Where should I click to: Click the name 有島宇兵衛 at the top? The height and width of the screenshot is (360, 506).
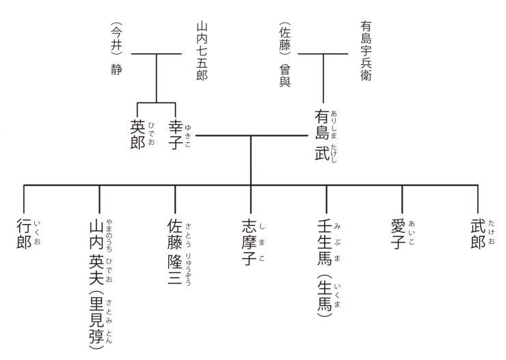point(366,51)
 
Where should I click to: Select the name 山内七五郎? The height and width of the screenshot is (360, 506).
point(202,51)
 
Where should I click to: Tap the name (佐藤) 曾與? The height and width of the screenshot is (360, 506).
point(285,55)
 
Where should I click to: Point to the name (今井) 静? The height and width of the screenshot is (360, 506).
point(116,49)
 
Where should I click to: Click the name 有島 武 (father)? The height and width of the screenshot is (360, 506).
point(322,135)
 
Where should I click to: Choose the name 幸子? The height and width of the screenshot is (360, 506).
point(176,135)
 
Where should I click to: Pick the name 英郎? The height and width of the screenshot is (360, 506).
point(137,135)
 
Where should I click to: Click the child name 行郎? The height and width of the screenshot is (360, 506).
point(24,234)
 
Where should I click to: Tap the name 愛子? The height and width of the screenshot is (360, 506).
point(398,234)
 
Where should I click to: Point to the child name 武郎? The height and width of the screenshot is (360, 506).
point(478,234)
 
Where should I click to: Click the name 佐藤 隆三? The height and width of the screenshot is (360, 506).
point(174,251)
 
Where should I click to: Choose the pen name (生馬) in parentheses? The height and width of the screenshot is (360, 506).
point(324,296)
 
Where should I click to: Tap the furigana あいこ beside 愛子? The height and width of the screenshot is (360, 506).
point(412,233)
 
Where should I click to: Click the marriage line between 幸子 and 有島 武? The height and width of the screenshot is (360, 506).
point(252,136)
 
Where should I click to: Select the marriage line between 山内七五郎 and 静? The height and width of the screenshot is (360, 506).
point(157,54)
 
